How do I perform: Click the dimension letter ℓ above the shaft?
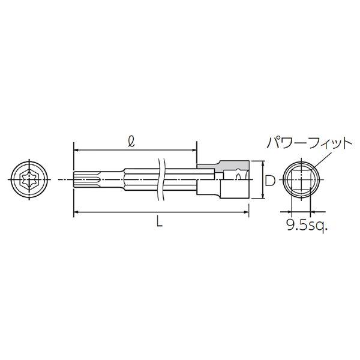pyautogui.click(x=131, y=142)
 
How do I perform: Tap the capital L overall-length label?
pyautogui.click(x=160, y=221)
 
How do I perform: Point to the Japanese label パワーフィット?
pyautogui.click(x=309, y=143)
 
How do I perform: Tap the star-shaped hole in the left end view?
pyautogui.click(x=29, y=179)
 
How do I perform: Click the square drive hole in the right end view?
pyautogui.click(x=301, y=179)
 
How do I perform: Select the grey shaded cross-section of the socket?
pyautogui.click(x=223, y=167)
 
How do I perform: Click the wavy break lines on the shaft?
pyautogui.click(x=161, y=179)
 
